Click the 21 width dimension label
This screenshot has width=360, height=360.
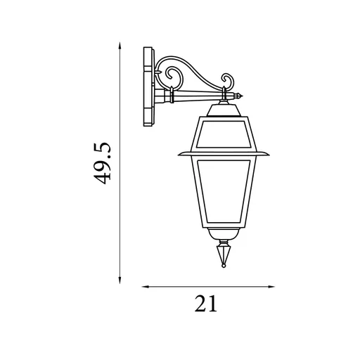[x=206, y=304]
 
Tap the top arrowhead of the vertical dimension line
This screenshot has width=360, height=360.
[x=120, y=46]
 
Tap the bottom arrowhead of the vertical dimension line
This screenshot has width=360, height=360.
[x=120, y=281]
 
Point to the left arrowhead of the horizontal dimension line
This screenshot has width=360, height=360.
[x=146, y=287]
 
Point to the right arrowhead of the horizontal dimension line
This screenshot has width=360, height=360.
[x=271, y=287]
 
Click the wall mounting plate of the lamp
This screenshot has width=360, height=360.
[x=148, y=86]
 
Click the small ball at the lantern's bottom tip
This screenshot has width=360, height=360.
[x=224, y=266]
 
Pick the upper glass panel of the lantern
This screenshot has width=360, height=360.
[x=224, y=134]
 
